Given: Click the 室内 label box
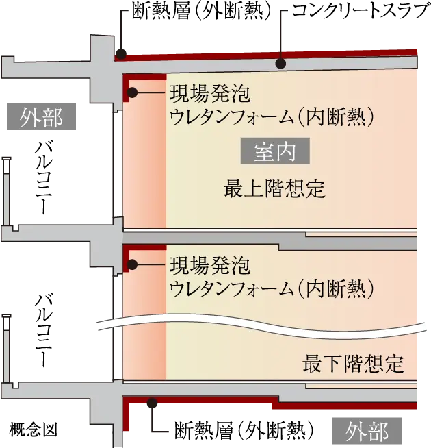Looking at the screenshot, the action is click(x=275, y=151).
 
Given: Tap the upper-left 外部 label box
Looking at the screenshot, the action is click(x=41, y=117).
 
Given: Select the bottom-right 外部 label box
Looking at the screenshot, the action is click(x=367, y=431).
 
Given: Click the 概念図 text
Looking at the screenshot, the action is click(x=34, y=429).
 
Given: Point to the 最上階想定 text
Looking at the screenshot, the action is click(x=274, y=188).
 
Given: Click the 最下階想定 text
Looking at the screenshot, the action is click(x=354, y=364).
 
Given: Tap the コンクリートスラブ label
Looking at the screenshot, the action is click(x=362, y=11).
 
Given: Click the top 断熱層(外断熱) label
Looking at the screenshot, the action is click(x=200, y=12).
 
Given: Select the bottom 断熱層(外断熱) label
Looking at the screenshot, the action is click(x=244, y=430).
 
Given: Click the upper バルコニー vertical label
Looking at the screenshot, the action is click(x=43, y=177).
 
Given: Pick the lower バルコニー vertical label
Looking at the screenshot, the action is click(x=43, y=329).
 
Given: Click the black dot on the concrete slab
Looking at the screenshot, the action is click(x=281, y=63).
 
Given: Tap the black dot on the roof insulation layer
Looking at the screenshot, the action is click(x=121, y=53).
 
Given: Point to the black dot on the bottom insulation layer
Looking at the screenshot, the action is click(x=152, y=403).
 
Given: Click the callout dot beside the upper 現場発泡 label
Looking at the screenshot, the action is click(x=132, y=92).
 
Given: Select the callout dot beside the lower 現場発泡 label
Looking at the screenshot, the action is click(x=132, y=264).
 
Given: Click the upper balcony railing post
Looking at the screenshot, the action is click(x=6, y=191).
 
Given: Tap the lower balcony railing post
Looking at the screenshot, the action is click(x=6, y=349).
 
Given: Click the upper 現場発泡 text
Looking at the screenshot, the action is click(x=210, y=93).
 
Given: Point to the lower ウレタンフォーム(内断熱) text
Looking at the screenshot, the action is click(x=272, y=288).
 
